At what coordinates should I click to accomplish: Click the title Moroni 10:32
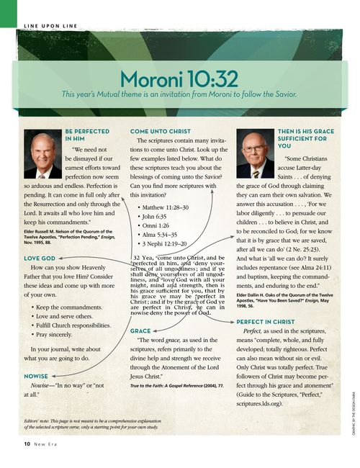tap(180, 77)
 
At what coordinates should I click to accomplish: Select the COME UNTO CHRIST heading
tap(160, 132)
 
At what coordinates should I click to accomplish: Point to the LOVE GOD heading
tap(40, 257)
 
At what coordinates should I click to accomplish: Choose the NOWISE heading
tap(37, 376)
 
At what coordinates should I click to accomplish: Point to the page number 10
tap(27, 445)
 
